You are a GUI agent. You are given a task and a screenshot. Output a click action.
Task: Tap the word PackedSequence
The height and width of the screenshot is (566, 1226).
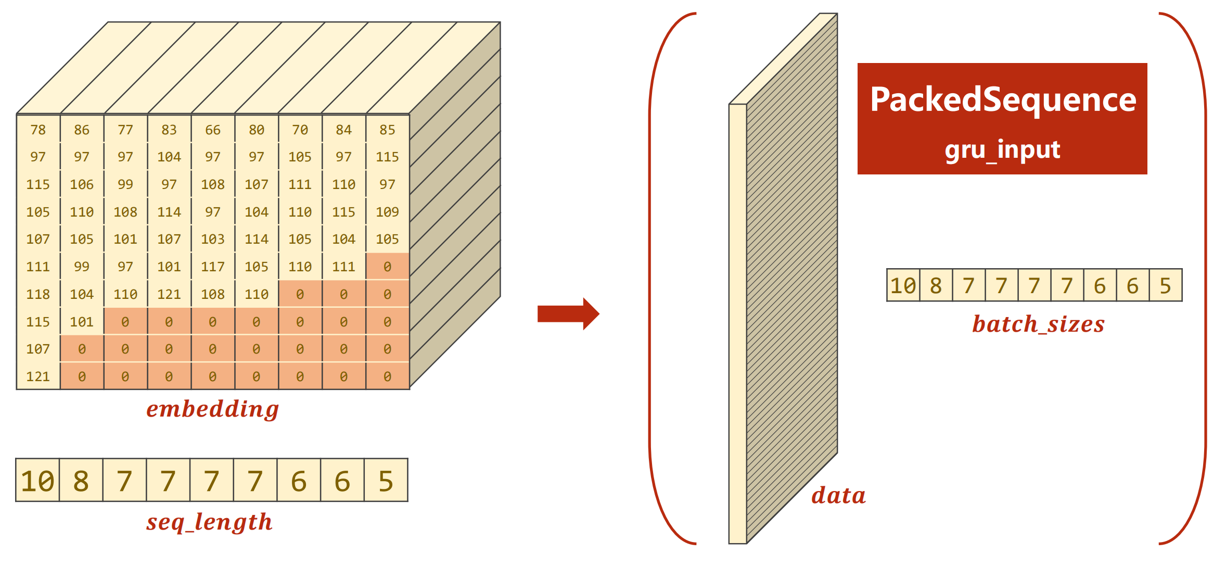click(1003, 100)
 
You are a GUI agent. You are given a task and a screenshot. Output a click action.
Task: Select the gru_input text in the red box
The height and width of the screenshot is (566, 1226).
click(1002, 150)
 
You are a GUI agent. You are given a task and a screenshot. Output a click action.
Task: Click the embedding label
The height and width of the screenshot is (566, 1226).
click(212, 409)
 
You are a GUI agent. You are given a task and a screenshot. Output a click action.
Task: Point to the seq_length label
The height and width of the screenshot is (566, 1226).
click(209, 522)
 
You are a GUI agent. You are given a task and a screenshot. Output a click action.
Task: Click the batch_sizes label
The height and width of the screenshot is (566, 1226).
click(1038, 324)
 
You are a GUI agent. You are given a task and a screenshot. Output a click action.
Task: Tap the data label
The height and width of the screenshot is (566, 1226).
click(838, 495)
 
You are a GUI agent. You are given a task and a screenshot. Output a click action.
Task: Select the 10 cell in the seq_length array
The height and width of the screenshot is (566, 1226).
click(37, 481)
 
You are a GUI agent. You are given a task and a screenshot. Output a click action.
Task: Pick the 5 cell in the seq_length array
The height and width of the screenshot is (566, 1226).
click(386, 481)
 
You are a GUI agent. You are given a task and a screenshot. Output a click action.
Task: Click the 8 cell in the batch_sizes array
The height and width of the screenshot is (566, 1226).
click(936, 285)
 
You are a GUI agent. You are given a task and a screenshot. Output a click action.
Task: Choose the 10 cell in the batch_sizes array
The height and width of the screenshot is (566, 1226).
click(903, 285)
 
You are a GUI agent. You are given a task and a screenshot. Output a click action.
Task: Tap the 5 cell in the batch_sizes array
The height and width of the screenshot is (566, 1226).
click(1165, 285)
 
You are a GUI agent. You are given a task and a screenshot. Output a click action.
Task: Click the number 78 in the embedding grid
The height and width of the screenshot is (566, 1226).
click(38, 130)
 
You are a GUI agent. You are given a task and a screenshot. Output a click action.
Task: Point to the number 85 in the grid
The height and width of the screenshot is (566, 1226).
click(387, 130)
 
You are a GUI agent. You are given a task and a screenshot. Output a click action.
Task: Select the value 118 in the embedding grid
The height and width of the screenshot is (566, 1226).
click(38, 294)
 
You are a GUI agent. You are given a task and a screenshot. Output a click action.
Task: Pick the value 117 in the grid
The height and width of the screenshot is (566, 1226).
click(213, 267)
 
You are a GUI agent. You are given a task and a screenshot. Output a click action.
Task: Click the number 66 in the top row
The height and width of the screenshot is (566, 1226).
click(213, 130)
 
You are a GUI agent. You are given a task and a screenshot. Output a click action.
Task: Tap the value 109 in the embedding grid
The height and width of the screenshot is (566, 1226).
click(387, 212)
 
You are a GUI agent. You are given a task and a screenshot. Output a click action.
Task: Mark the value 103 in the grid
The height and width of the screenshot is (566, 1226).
click(213, 239)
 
